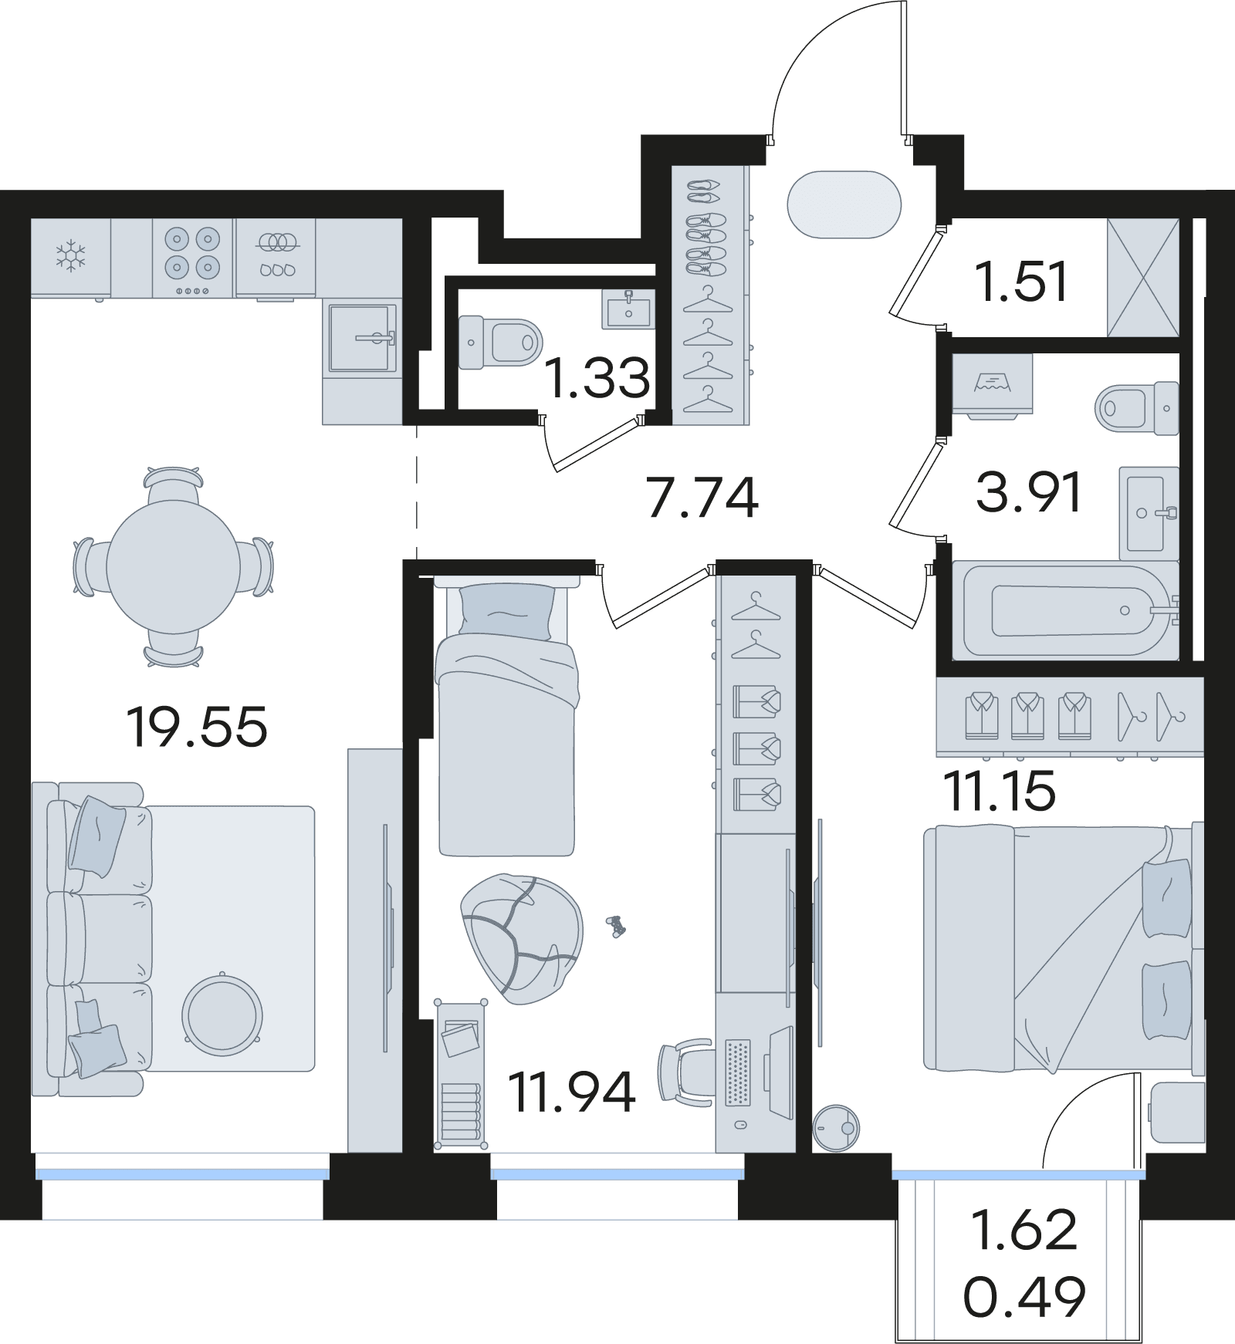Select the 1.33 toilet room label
[x=597, y=378]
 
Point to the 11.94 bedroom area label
[x=572, y=1092]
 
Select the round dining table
[x=173, y=566]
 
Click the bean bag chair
[x=522, y=938]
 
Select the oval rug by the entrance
[x=844, y=204]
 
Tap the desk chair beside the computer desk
[x=685, y=1073]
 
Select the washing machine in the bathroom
[x=993, y=386]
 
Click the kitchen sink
[x=363, y=337]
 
